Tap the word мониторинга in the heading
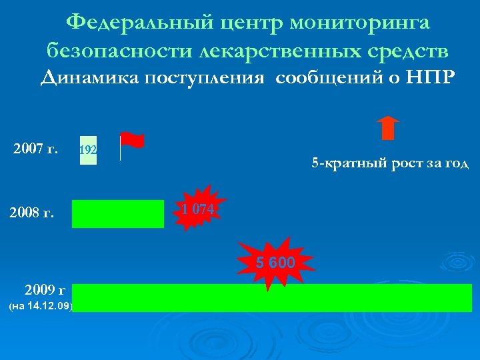pyautogui.click(x=361, y=23)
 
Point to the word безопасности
pyautogui.click(x=116, y=51)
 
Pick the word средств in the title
pyautogui.click(x=401, y=51)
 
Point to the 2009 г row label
pyautogui.click(x=44, y=290)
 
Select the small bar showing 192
pyautogui.click(x=88, y=150)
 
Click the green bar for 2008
pyautogui.click(x=118, y=214)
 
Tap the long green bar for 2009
pyautogui.click(x=272, y=298)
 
